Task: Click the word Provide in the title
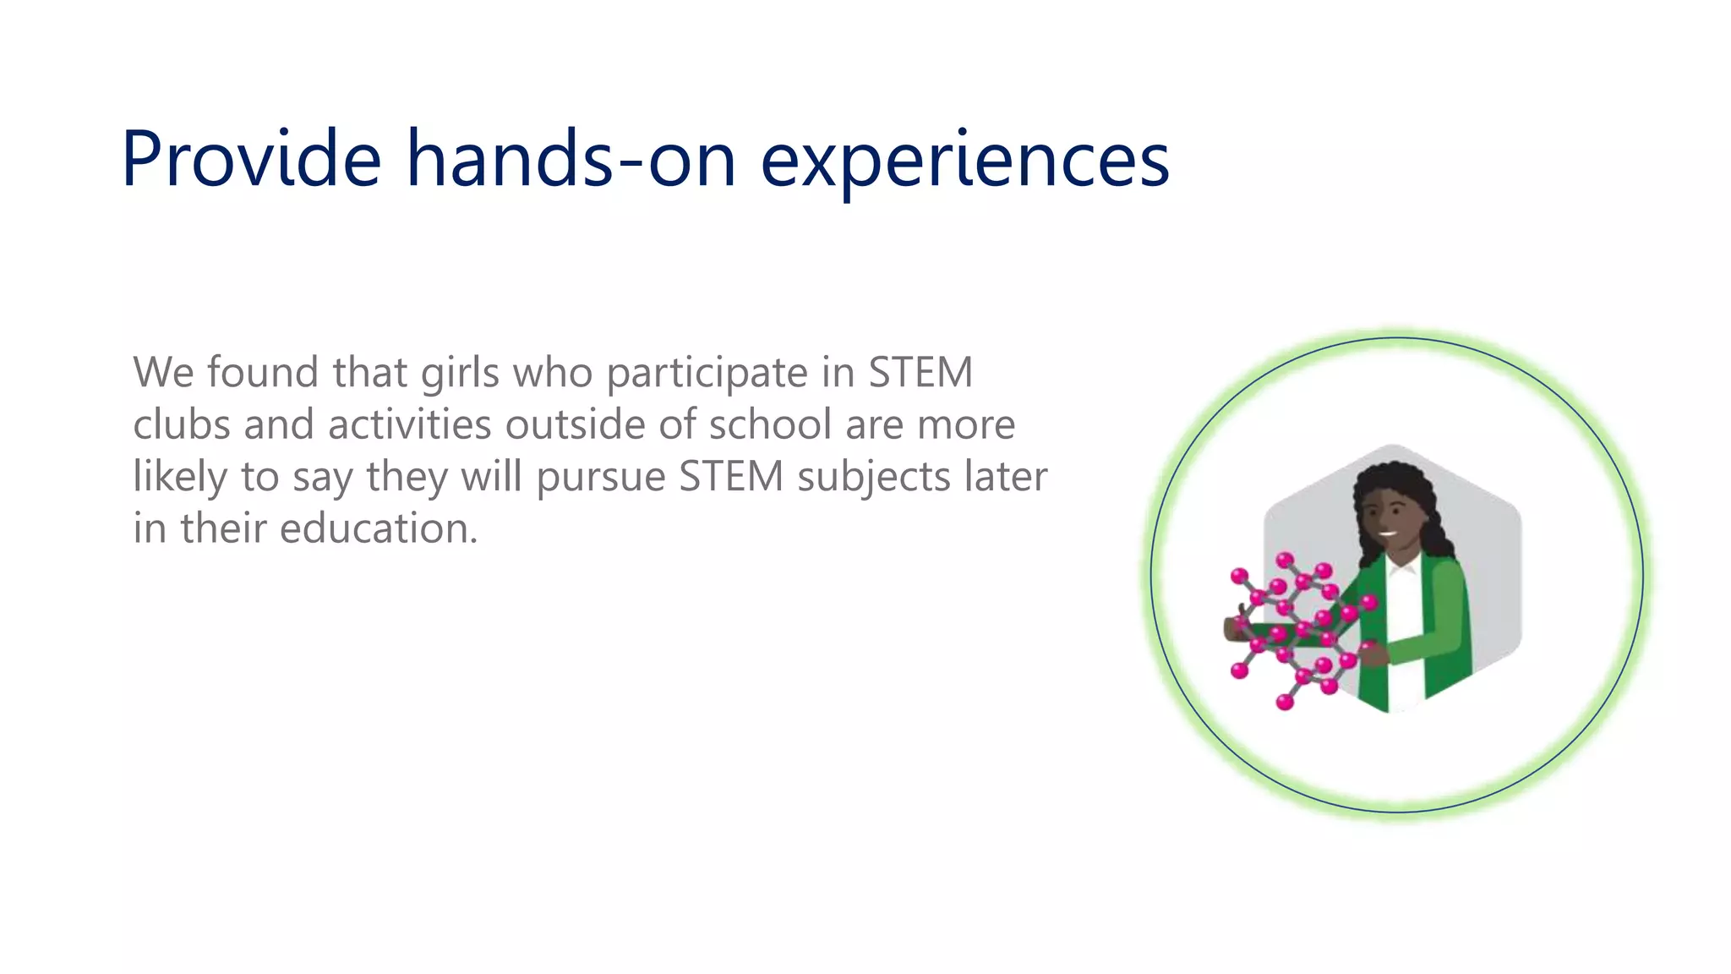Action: [x=251, y=159]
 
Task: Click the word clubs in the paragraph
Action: [x=181, y=424]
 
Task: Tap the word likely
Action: [x=180, y=477]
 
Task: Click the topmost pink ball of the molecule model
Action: [x=1285, y=560]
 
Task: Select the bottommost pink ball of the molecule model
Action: [x=1285, y=702]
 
